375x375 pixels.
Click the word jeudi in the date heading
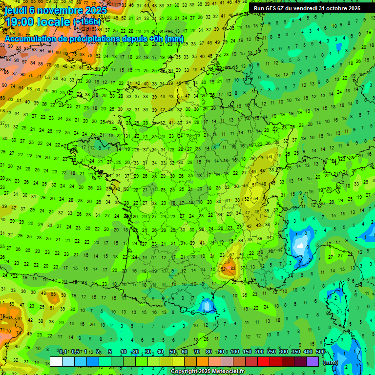16,10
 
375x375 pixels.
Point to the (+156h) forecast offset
87,22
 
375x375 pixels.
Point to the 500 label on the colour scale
320,352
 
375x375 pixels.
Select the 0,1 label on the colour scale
62,352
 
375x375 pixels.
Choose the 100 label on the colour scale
234,352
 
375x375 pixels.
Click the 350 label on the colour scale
296,352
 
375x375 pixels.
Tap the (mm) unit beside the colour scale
331,362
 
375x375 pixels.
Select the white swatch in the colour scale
56,362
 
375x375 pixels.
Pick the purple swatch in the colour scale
312,362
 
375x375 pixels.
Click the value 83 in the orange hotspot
233,269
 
